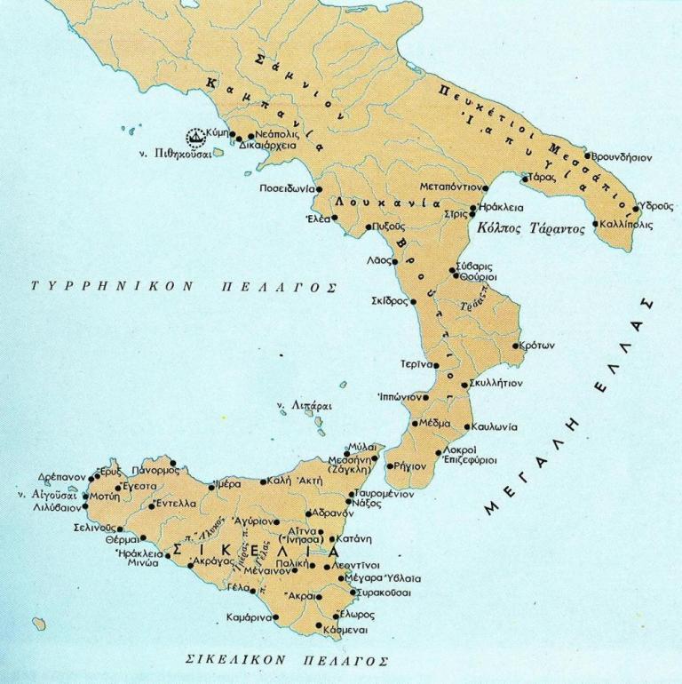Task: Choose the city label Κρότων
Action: point(536,346)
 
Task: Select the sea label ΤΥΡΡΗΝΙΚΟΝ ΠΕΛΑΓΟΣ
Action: point(183,288)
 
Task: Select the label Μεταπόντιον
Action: point(451,187)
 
